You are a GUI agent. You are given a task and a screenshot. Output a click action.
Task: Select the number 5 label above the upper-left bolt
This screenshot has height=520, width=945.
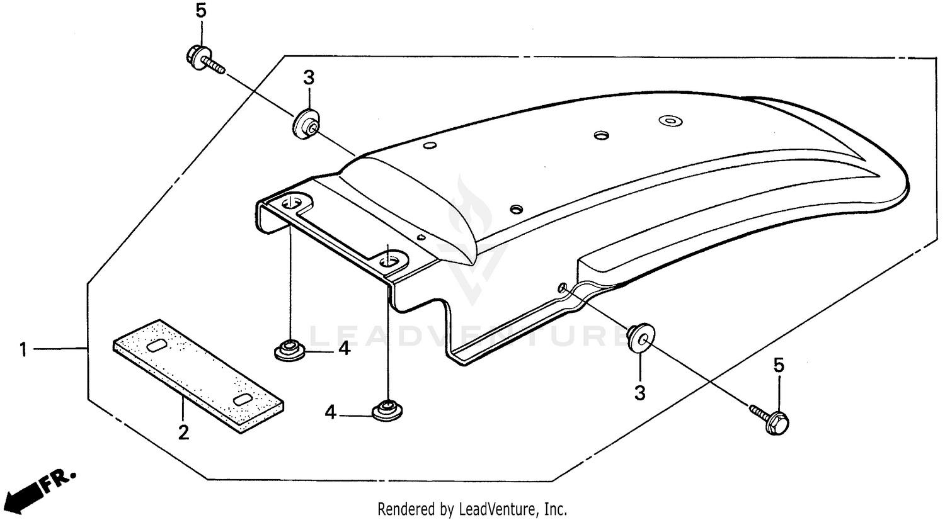pyautogui.click(x=200, y=11)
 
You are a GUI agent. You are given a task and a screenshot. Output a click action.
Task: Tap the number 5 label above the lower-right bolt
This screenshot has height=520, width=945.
pyautogui.click(x=779, y=365)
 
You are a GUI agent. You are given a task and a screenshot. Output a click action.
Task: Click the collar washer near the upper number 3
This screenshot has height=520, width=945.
pyautogui.click(x=306, y=123)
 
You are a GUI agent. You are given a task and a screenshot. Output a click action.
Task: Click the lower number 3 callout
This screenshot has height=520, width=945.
pyautogui.click(x=639, y=393)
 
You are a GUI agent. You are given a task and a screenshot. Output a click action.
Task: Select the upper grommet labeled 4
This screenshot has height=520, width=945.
pyautogui.click(x=290, y=349)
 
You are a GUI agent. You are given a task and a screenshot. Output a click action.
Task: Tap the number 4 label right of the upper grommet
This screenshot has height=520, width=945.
pyautogui.click(x=343, y=348)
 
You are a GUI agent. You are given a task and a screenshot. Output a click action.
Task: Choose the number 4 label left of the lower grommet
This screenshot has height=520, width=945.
pyautogui.click(x=331, y=413)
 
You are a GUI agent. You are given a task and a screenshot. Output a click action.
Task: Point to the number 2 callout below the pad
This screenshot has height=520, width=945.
pyautogui.click(x=183, y=433)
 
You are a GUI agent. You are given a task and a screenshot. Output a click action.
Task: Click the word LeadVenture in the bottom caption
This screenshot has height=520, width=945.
pyautogui.click(x=504, y=508)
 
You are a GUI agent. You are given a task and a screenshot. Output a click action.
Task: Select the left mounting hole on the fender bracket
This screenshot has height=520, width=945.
pyautogui.click(x=292, y=203)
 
